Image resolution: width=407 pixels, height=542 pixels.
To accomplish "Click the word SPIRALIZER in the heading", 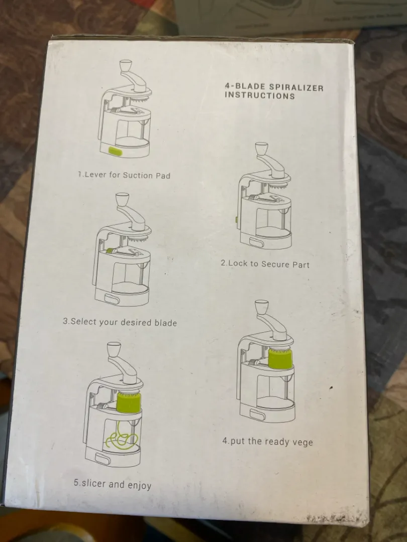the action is coord(296,87).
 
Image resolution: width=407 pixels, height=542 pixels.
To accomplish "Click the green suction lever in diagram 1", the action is coord(115,151).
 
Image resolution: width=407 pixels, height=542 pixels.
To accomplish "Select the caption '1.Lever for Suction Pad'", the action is coord(124,175).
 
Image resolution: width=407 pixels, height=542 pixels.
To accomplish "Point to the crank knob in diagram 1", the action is coord(125,66).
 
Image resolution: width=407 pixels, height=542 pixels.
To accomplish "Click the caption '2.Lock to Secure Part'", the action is coord(265,264).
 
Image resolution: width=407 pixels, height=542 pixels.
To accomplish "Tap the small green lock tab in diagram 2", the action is coord(236,220).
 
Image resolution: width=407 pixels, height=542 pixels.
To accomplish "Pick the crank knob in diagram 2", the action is coord(261,149).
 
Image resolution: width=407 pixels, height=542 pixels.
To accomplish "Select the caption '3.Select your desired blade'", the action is coord(120,322).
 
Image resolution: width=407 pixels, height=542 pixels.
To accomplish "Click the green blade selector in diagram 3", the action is coord(110,250).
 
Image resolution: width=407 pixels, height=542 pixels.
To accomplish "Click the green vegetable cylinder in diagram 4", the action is coord(280,358).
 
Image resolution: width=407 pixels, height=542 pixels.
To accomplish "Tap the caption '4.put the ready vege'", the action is coord(267,441).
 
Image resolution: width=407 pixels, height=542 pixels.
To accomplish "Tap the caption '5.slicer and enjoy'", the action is coord(113,484).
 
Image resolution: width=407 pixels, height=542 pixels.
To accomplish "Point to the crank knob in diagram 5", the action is coord(114,349).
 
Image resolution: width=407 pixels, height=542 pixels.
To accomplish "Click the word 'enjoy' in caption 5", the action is coord(140,485).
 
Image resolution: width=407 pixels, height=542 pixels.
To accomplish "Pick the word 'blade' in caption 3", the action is coord(165,323).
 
